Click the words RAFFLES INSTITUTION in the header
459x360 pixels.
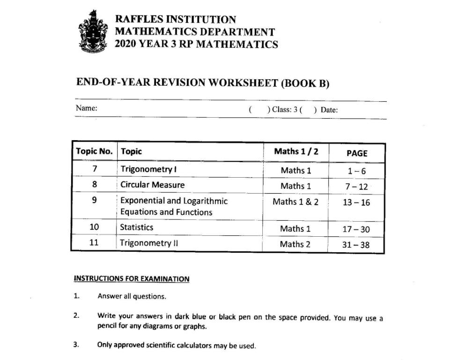coord(176,20)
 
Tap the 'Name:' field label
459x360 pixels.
coord(87,108)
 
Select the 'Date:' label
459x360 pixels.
coord(329,110)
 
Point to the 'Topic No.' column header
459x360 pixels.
coord(94,151)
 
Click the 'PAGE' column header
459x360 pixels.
coord(356,153)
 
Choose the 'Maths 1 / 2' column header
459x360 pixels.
coord(296,151)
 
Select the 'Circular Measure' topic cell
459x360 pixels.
coord(152,184)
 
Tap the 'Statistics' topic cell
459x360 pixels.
coord(136,227)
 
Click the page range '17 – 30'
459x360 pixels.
coord(356,229)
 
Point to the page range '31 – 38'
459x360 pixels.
coord(356,244)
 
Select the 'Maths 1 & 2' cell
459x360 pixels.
coord(296,202)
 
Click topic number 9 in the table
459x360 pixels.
coord(94,200)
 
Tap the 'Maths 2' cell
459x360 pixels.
coord(295,244)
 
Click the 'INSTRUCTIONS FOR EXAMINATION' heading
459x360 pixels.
coord(132,279)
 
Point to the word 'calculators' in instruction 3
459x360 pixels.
coord(193,345)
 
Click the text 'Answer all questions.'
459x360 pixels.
coord(132,296)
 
